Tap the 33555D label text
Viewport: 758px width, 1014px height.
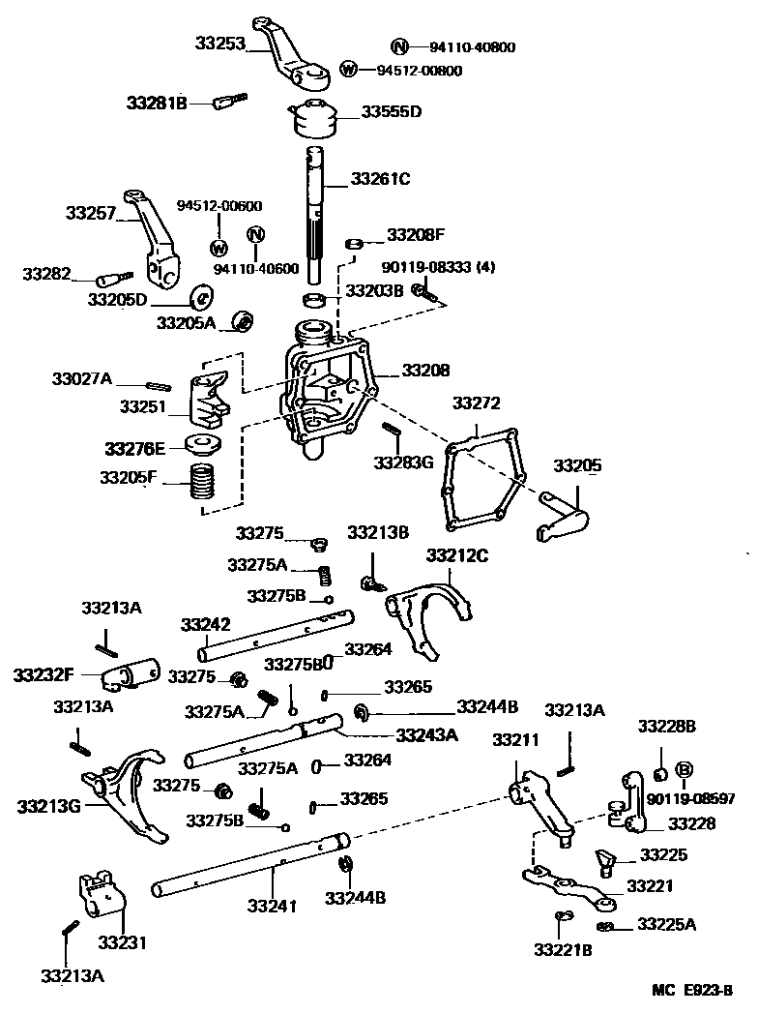(392, 111)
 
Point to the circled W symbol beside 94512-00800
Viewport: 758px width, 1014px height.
(349, 69)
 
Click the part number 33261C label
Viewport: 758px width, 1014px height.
(380, 178)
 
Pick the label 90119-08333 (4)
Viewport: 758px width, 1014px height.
(438, 267)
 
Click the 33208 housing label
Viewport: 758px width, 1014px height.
(425, 370)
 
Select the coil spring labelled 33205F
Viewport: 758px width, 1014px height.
(202, 481)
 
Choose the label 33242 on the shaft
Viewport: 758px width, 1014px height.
(205, 624)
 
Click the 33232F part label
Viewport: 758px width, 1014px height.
(43, 672)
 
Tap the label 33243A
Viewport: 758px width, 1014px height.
(426, 734)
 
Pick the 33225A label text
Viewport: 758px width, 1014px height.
(666, 924)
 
